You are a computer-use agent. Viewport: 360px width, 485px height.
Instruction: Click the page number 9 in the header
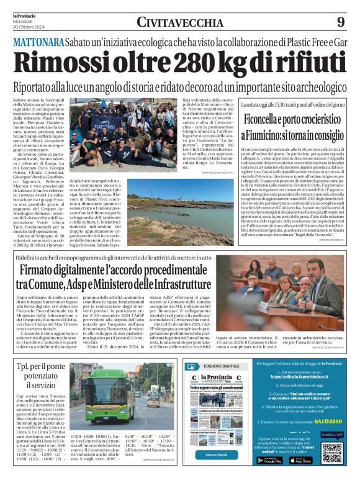click(341, 22)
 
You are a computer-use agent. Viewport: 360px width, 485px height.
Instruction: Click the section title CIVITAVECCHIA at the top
click(180, 22)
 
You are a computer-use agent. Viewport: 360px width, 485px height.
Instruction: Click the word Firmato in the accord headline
click(46, 271)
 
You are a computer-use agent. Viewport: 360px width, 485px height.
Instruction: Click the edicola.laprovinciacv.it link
click(293, 376)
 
